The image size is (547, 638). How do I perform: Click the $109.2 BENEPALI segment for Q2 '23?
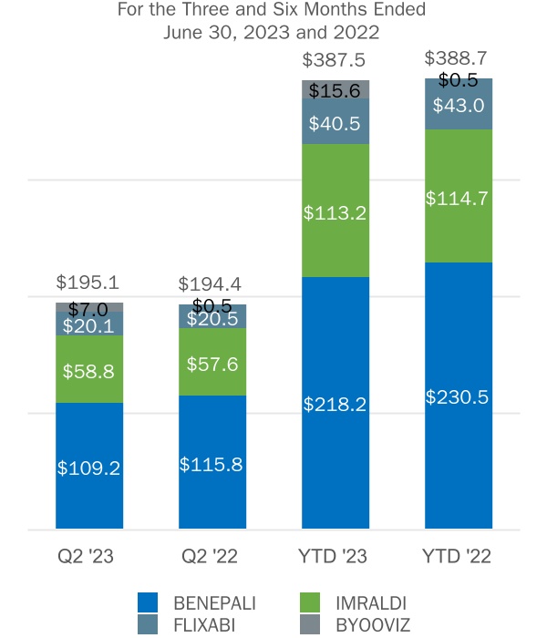point(89,466)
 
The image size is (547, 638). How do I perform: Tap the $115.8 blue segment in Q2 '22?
point(212,462)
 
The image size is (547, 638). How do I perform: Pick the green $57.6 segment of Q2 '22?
point(212,362)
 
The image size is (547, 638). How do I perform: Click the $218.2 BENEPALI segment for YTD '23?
point(335,403)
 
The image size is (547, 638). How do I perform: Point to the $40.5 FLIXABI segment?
point(335,121)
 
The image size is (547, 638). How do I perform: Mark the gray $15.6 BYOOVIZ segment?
point(335,89)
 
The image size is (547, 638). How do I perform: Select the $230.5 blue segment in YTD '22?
point(459,396)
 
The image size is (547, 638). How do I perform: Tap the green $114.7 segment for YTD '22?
point(459,196)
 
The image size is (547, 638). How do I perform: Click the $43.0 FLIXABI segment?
point(459,105)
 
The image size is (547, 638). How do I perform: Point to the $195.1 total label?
point(88,283)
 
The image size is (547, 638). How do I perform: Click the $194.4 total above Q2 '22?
point(212,284)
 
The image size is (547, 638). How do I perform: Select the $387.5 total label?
point(335,59)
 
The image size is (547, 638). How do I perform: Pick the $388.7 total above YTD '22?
point(458,58)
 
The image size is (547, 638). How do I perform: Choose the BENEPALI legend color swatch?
point(147,602)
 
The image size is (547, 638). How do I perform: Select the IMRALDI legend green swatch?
point(310,602)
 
